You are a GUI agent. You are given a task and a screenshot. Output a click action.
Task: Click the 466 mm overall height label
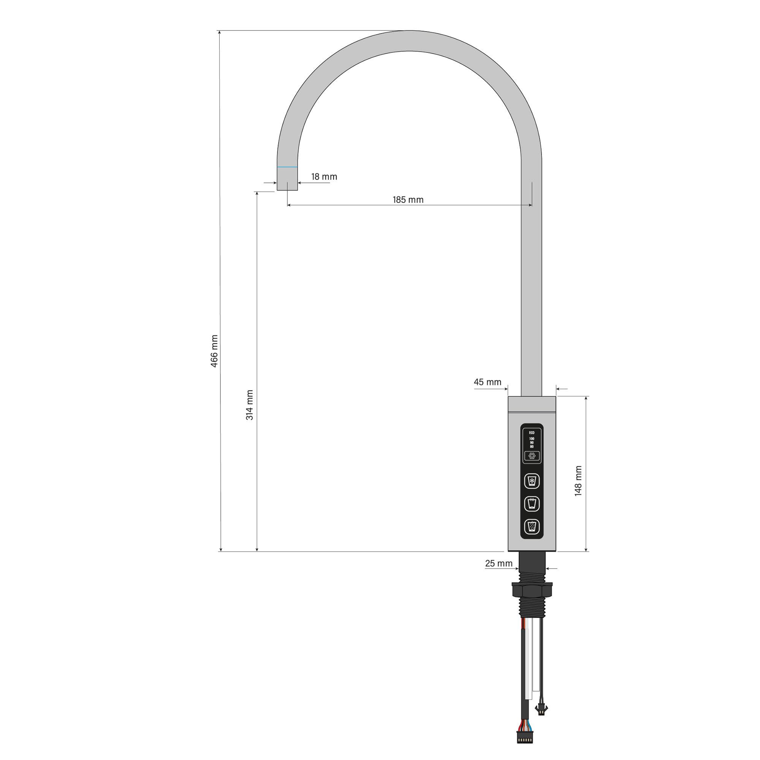214,351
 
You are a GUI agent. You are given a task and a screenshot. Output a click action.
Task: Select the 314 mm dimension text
249,405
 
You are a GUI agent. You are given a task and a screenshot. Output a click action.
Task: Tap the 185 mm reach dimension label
408,200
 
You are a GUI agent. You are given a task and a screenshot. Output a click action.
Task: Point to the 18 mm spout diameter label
324,177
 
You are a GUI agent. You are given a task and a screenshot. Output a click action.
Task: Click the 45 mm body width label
488,382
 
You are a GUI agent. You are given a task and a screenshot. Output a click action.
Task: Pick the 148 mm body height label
578,481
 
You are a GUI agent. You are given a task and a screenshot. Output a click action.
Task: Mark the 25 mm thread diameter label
499,563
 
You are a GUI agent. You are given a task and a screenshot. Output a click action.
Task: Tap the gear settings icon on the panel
532,456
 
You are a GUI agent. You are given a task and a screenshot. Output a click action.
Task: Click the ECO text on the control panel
532,433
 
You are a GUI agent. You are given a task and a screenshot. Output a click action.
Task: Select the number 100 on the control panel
532,439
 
